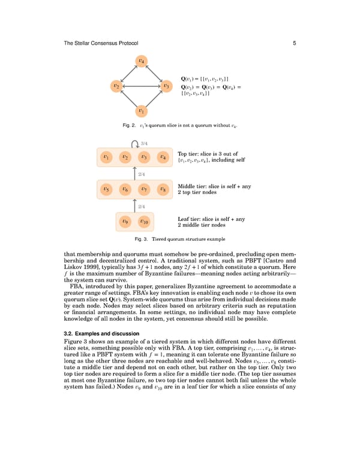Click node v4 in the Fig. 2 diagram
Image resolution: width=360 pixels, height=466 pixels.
pos(141,61)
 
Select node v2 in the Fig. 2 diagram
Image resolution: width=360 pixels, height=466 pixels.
pos(115,86)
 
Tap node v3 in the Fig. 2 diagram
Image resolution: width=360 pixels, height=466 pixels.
pos(166,86)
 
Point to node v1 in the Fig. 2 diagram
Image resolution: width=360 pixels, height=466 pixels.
pos(141,111)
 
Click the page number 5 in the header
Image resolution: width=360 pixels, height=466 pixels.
pos(295,42)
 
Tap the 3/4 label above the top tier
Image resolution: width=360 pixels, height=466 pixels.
pos(145,143)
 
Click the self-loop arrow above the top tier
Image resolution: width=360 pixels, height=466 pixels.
pos(135,143)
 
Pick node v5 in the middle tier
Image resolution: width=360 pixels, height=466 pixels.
pos(106,189)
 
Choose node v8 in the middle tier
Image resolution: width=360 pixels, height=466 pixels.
pos(163,189)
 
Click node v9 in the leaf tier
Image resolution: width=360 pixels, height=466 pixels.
pos(125,222)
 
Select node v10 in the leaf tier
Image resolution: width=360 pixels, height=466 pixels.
pos(144,222)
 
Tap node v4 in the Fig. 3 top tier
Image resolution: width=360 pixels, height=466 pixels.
pos(163,157)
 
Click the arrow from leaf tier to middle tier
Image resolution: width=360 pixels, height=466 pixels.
pos(134,205)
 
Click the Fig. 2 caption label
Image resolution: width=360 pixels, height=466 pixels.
pos(129,125)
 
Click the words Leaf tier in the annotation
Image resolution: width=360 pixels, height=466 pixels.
pos(191,219)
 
